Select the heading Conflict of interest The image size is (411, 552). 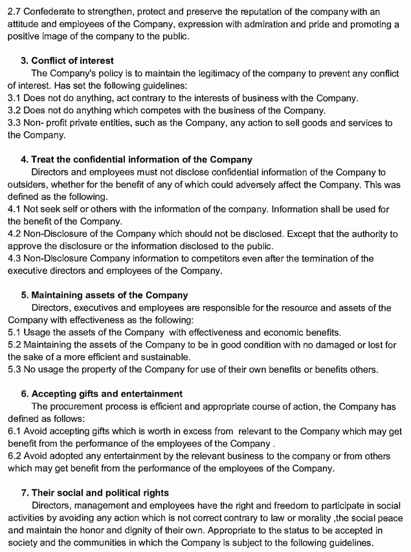point(72,61)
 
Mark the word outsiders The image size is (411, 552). point(29,184)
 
